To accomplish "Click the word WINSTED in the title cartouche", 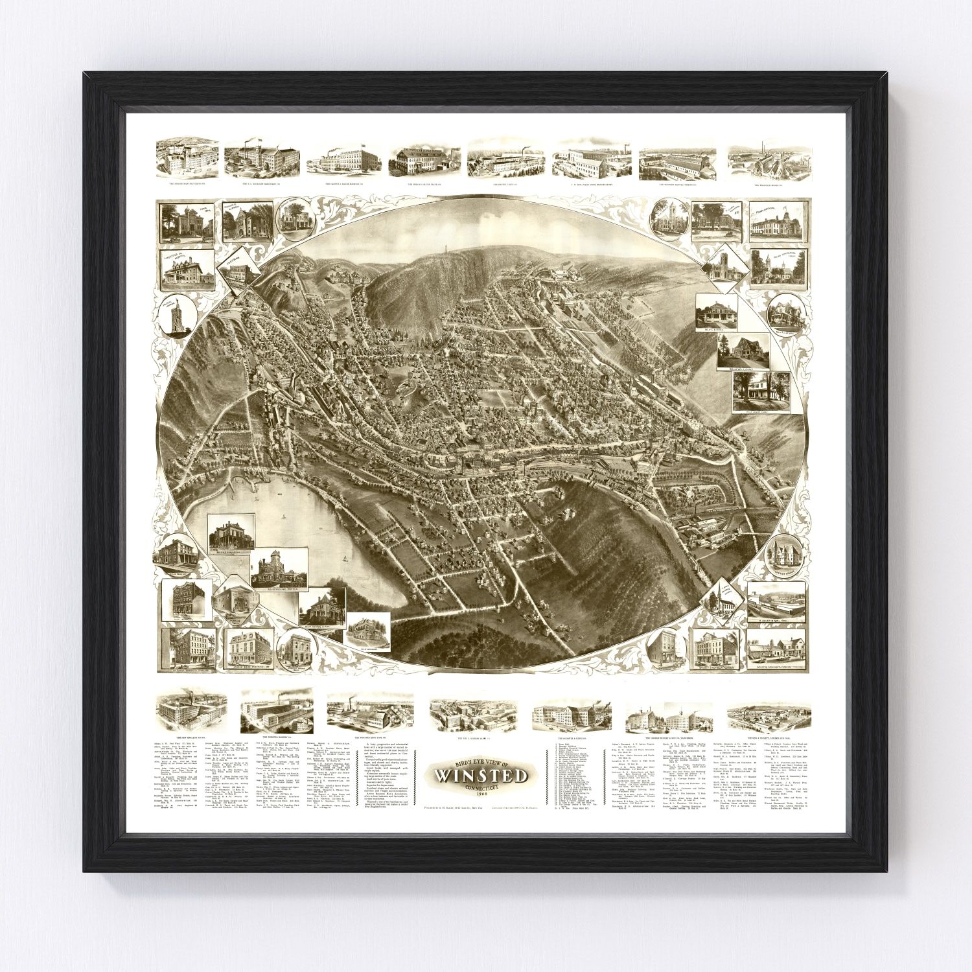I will pyautogui.click(x=481, y=776).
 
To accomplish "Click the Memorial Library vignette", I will pyautogui.click(x=238, y=222).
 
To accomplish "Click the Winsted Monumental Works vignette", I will pyautogui.click(x=776, y=649).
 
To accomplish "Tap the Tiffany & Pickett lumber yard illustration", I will pyautogui.click(x=769, y=715).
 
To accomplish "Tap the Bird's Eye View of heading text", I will pyautogui.click(x=481, y=761).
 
